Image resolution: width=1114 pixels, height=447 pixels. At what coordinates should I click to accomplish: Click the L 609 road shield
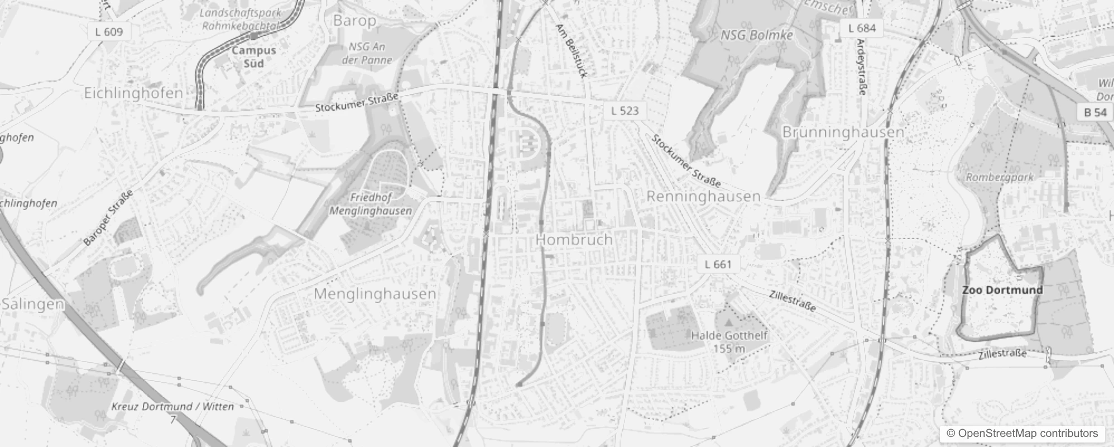coord(109,32)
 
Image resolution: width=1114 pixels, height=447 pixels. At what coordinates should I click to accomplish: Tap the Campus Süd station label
coord(254,56)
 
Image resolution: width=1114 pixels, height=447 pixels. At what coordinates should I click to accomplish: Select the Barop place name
coord(354,21)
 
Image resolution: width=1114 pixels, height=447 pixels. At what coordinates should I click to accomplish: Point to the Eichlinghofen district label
coord(133,93)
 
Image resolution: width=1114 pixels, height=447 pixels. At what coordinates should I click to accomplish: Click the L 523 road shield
coord(625,111)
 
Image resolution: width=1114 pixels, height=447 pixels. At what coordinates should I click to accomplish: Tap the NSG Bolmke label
coord(756,35)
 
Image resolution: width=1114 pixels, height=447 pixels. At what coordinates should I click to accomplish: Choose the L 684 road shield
coord(862,28)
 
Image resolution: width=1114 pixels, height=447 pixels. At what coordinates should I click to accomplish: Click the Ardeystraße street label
coord(861,67)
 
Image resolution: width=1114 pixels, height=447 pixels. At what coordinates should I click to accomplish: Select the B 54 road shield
coord(1095,112)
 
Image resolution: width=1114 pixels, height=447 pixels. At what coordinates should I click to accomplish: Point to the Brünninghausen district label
coord(843,132)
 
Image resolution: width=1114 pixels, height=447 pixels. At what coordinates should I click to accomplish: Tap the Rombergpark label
coord(1000,177)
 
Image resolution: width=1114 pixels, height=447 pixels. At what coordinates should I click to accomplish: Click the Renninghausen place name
coord(703,197)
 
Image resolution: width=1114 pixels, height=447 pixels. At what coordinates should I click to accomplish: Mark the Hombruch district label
coord(574,240)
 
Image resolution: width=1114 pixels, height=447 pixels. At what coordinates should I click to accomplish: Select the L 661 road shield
coord(718,264)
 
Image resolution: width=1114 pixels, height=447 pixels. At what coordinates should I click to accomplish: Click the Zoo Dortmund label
coord(1002,290)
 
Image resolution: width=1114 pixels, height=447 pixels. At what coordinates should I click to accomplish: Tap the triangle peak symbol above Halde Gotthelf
coord(728,323)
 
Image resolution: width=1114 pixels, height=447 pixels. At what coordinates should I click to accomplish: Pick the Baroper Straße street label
coord(108,218)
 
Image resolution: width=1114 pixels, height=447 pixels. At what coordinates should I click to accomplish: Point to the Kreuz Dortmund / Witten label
coord(172,407)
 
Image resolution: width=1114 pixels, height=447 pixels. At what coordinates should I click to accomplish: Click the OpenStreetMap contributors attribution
coord(1021,434)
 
